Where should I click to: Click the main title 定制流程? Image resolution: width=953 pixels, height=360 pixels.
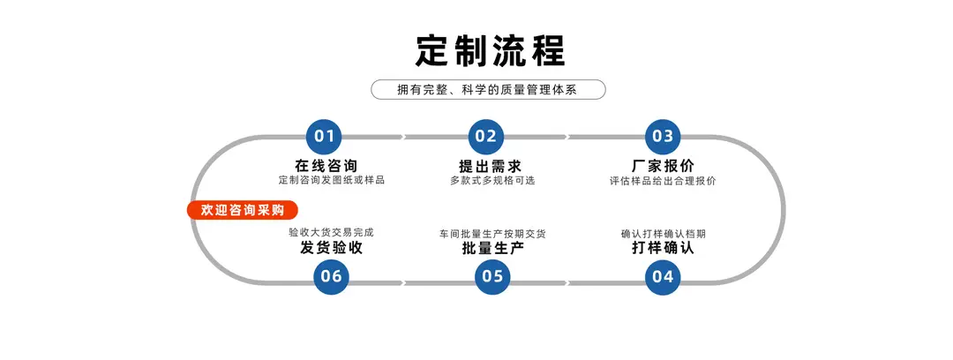pos(491,50)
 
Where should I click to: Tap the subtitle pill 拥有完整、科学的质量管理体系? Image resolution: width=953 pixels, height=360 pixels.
pos(488,90)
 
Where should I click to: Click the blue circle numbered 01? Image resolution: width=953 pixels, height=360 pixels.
pos(323,136)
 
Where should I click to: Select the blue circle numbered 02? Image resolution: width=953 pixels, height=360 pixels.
pos(485,136)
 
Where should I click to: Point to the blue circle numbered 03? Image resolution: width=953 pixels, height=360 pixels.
pos(663,136)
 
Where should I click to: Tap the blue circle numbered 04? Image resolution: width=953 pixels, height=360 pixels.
pos(663,277)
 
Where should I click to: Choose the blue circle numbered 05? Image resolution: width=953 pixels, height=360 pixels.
pos(492,277)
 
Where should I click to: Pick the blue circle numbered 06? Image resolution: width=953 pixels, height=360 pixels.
pos(331,277)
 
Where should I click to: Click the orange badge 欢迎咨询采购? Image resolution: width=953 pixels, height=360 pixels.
pos(243,210)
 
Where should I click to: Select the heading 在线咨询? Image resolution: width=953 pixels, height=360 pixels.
pos(326,165)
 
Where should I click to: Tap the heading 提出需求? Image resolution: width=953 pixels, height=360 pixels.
pos(490,165)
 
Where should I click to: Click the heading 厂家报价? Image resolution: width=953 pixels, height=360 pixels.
pos(663,165)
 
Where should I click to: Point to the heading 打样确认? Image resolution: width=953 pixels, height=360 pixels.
pos(663,248)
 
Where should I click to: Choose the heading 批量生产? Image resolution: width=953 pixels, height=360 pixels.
pos(493,248)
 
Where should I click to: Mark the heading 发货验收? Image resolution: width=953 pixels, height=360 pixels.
pos(331,248)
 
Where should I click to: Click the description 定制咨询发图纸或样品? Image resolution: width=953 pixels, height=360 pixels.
pos(331,181)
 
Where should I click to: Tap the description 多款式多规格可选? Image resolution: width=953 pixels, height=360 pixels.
pos(492,181)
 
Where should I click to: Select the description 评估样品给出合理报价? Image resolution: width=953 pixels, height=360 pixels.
pos(663,181)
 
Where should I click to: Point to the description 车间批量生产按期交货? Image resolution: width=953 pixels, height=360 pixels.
pos(492,234)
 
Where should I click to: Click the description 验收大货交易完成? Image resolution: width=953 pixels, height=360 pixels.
pos(331,232)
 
